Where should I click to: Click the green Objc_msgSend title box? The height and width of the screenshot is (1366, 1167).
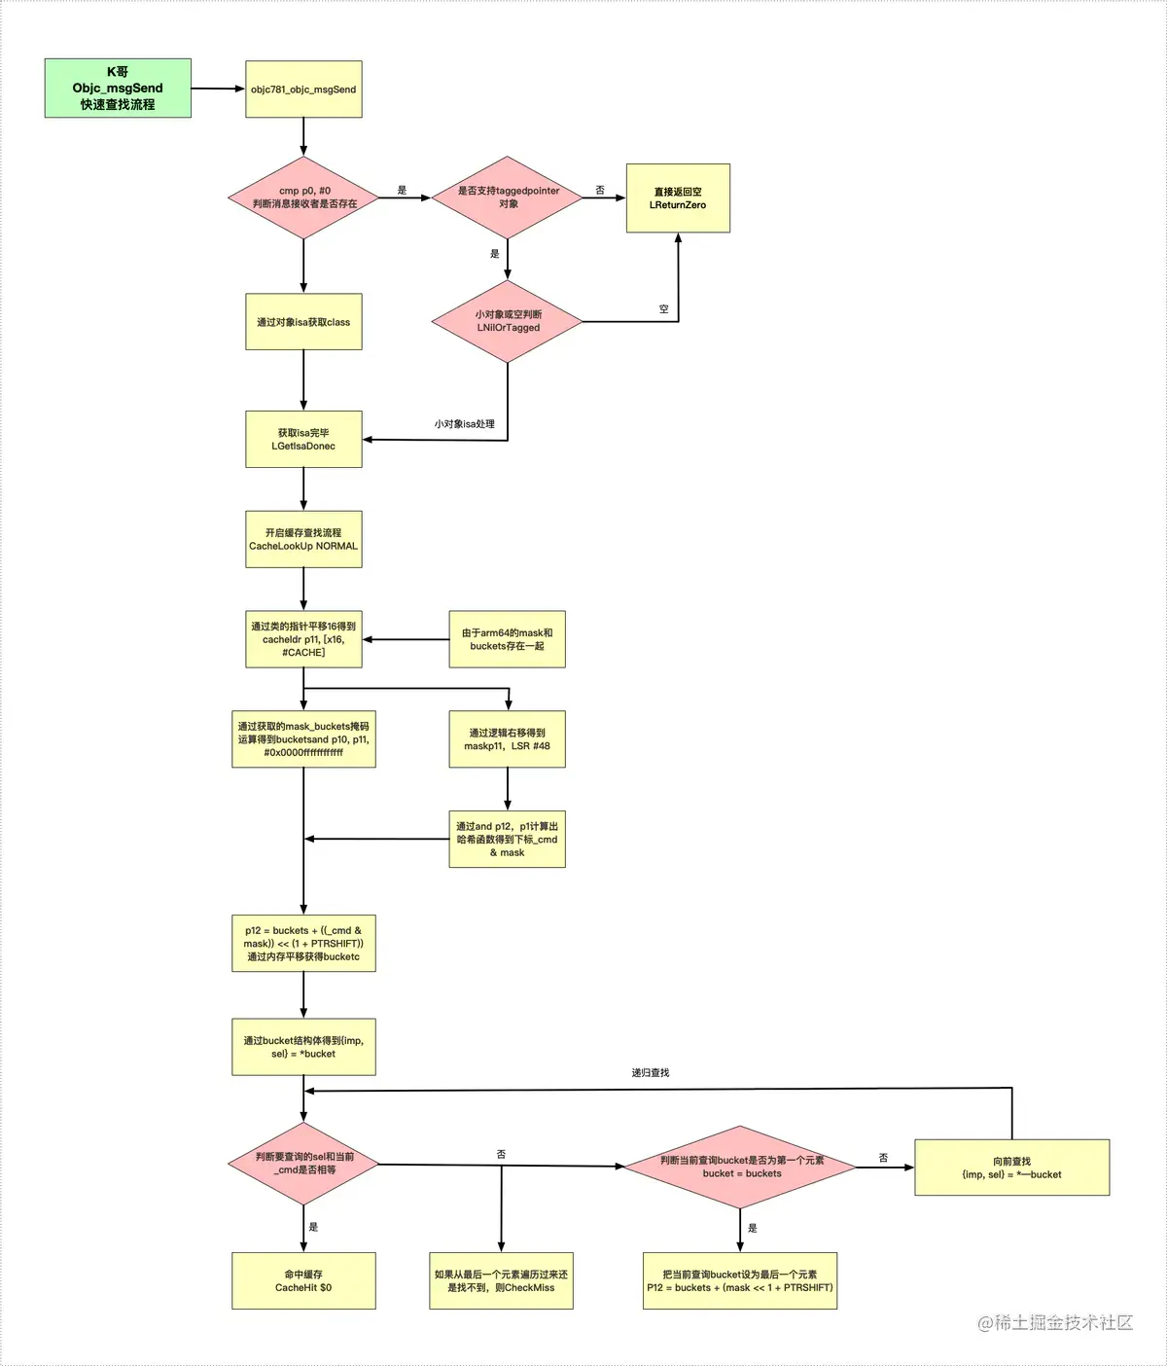click(x=118, y=89)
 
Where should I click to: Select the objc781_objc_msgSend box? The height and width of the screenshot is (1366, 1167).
click(x=303, y=90)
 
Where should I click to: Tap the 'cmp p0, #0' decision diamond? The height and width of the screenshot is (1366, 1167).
click(x=304, y=198)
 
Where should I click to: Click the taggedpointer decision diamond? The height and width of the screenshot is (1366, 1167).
click(x=508, y=198)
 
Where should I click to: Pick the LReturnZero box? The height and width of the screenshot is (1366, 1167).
click(x=678, y=198)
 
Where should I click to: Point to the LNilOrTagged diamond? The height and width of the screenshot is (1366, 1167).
click(x=508, y=321)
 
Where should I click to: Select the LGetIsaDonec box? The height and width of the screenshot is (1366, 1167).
click(x=303, y=440)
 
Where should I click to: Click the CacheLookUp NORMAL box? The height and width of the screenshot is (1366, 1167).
click(x=303, y=540)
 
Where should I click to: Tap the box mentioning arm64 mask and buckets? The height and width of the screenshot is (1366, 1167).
click(x=507, y=639)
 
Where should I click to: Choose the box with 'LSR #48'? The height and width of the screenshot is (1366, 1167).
click(x=507, y=739)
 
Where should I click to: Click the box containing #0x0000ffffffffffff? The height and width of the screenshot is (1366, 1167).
click(x=303, y=739)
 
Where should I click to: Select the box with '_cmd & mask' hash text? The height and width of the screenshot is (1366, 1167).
click(x=507, y=839)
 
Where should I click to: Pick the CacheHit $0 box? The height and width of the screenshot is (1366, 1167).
click(x=303, y=1280)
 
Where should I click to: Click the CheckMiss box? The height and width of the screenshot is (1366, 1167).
click(x=501, y=1280)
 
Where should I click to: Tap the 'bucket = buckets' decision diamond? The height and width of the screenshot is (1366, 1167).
click(x=741, y=1167)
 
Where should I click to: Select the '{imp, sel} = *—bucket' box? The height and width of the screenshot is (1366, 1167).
click(x=1011, y=1168)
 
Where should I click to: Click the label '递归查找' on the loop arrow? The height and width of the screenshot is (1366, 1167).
click(x=650, y=1072)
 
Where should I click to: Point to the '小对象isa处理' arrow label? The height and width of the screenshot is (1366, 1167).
click(x=464, y=424)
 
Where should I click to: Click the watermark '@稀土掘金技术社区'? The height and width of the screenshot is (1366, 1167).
click(x=1055, y=1322)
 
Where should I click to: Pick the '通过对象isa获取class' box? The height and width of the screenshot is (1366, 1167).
click(x=303, y=322)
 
